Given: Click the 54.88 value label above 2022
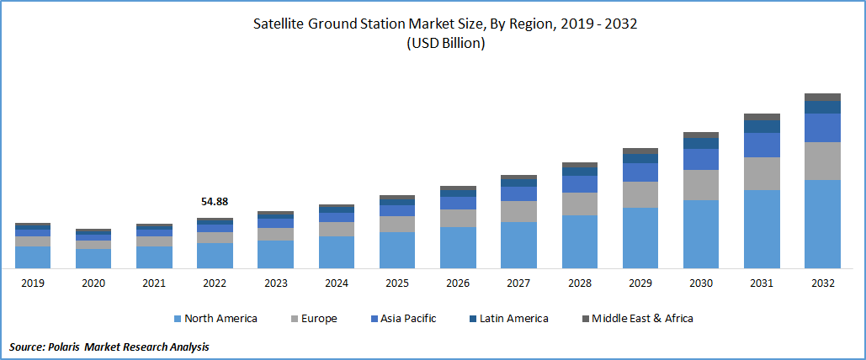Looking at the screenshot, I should (215, 202).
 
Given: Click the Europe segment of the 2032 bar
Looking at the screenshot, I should (822, 161).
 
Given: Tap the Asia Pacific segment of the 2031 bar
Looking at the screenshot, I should (762, 145).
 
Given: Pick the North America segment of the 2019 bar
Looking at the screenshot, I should (33, 257).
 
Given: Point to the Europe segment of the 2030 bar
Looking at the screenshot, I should (701, 184).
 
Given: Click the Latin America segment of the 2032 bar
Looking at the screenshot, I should (822, 107).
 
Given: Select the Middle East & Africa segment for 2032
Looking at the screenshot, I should (822, 97).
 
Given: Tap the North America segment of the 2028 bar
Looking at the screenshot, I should (580, 241).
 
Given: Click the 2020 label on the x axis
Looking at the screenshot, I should (93, 283).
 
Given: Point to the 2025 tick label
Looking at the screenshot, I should (397, 283).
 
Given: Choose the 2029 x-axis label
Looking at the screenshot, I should (640, 283).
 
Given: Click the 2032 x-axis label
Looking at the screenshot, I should (822, 283).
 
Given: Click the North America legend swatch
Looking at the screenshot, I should (178, 319).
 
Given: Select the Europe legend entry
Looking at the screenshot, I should (314, 319).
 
